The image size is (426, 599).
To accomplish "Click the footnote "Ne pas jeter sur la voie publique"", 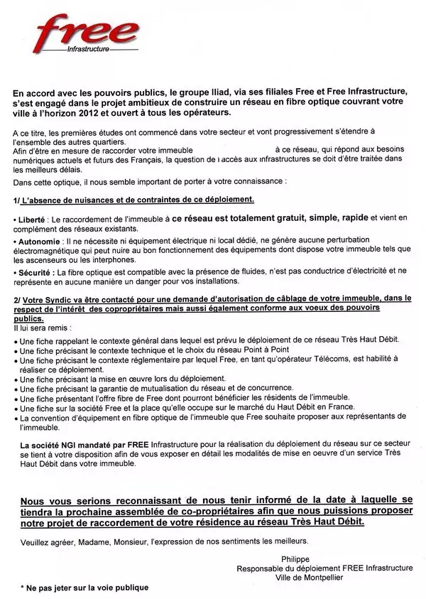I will click(86, 588).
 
